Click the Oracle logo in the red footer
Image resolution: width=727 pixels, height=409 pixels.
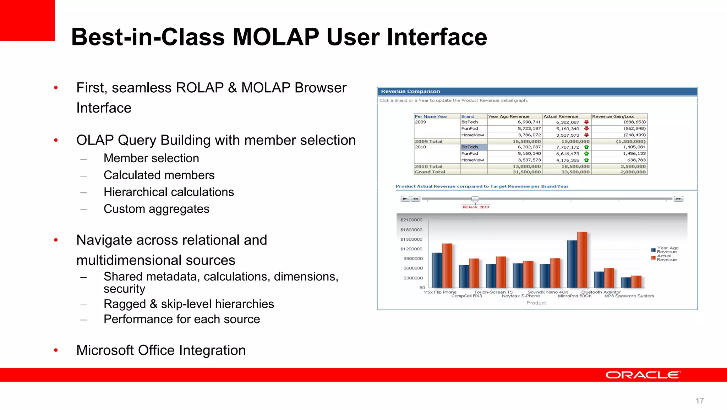coord(643,375)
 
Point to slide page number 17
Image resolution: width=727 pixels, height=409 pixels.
coord(699,401)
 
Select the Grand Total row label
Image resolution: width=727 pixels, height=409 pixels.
coord(430,172)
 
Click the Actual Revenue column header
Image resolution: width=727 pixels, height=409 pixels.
coord(561,116)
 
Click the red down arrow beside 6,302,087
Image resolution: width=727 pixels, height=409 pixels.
coord(586,122)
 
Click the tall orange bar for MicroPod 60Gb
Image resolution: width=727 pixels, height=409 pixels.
coord(582,260)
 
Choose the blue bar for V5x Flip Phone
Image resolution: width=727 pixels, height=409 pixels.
coord(437,270)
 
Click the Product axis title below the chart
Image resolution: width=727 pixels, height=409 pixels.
coord(536,303)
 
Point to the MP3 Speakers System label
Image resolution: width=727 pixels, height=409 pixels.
coord(629,296)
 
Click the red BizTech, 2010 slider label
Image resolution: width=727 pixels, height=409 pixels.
coord(476,207)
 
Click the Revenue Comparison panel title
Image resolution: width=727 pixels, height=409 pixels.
coord(410,92)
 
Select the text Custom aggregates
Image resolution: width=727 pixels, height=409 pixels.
coord(156,209)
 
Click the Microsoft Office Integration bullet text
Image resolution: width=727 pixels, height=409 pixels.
coord(161,350)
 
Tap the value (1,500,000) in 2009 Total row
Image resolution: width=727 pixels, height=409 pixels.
coord(630,141)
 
